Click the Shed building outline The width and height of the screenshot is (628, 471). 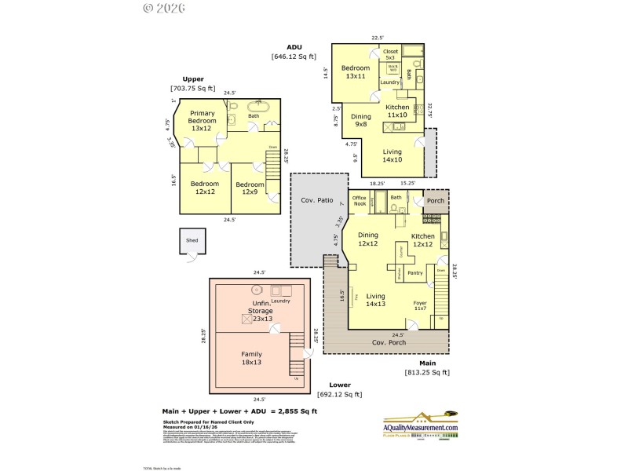(x=192, y=243)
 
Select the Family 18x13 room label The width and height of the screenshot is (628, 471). (x=251, y=358)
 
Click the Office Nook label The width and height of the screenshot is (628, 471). (x=360, y=201)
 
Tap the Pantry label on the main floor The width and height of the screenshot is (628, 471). (x=416, y=272)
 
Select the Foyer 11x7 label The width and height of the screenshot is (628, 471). (x=422, y=305)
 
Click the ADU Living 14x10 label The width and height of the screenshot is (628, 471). (x=392, y=155)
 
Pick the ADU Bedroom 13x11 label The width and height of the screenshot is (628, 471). (x=354, y=72)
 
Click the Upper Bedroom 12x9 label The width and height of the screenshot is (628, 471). (x=250, y=188)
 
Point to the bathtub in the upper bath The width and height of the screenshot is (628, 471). (x=258, y=106)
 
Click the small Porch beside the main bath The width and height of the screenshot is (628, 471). (x=435, y=200)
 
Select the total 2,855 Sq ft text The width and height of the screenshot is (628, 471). (x=239, y=411)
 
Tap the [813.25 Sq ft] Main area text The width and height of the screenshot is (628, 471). (x=427, y=372)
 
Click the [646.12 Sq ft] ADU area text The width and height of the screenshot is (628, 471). (x=294, y=57)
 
